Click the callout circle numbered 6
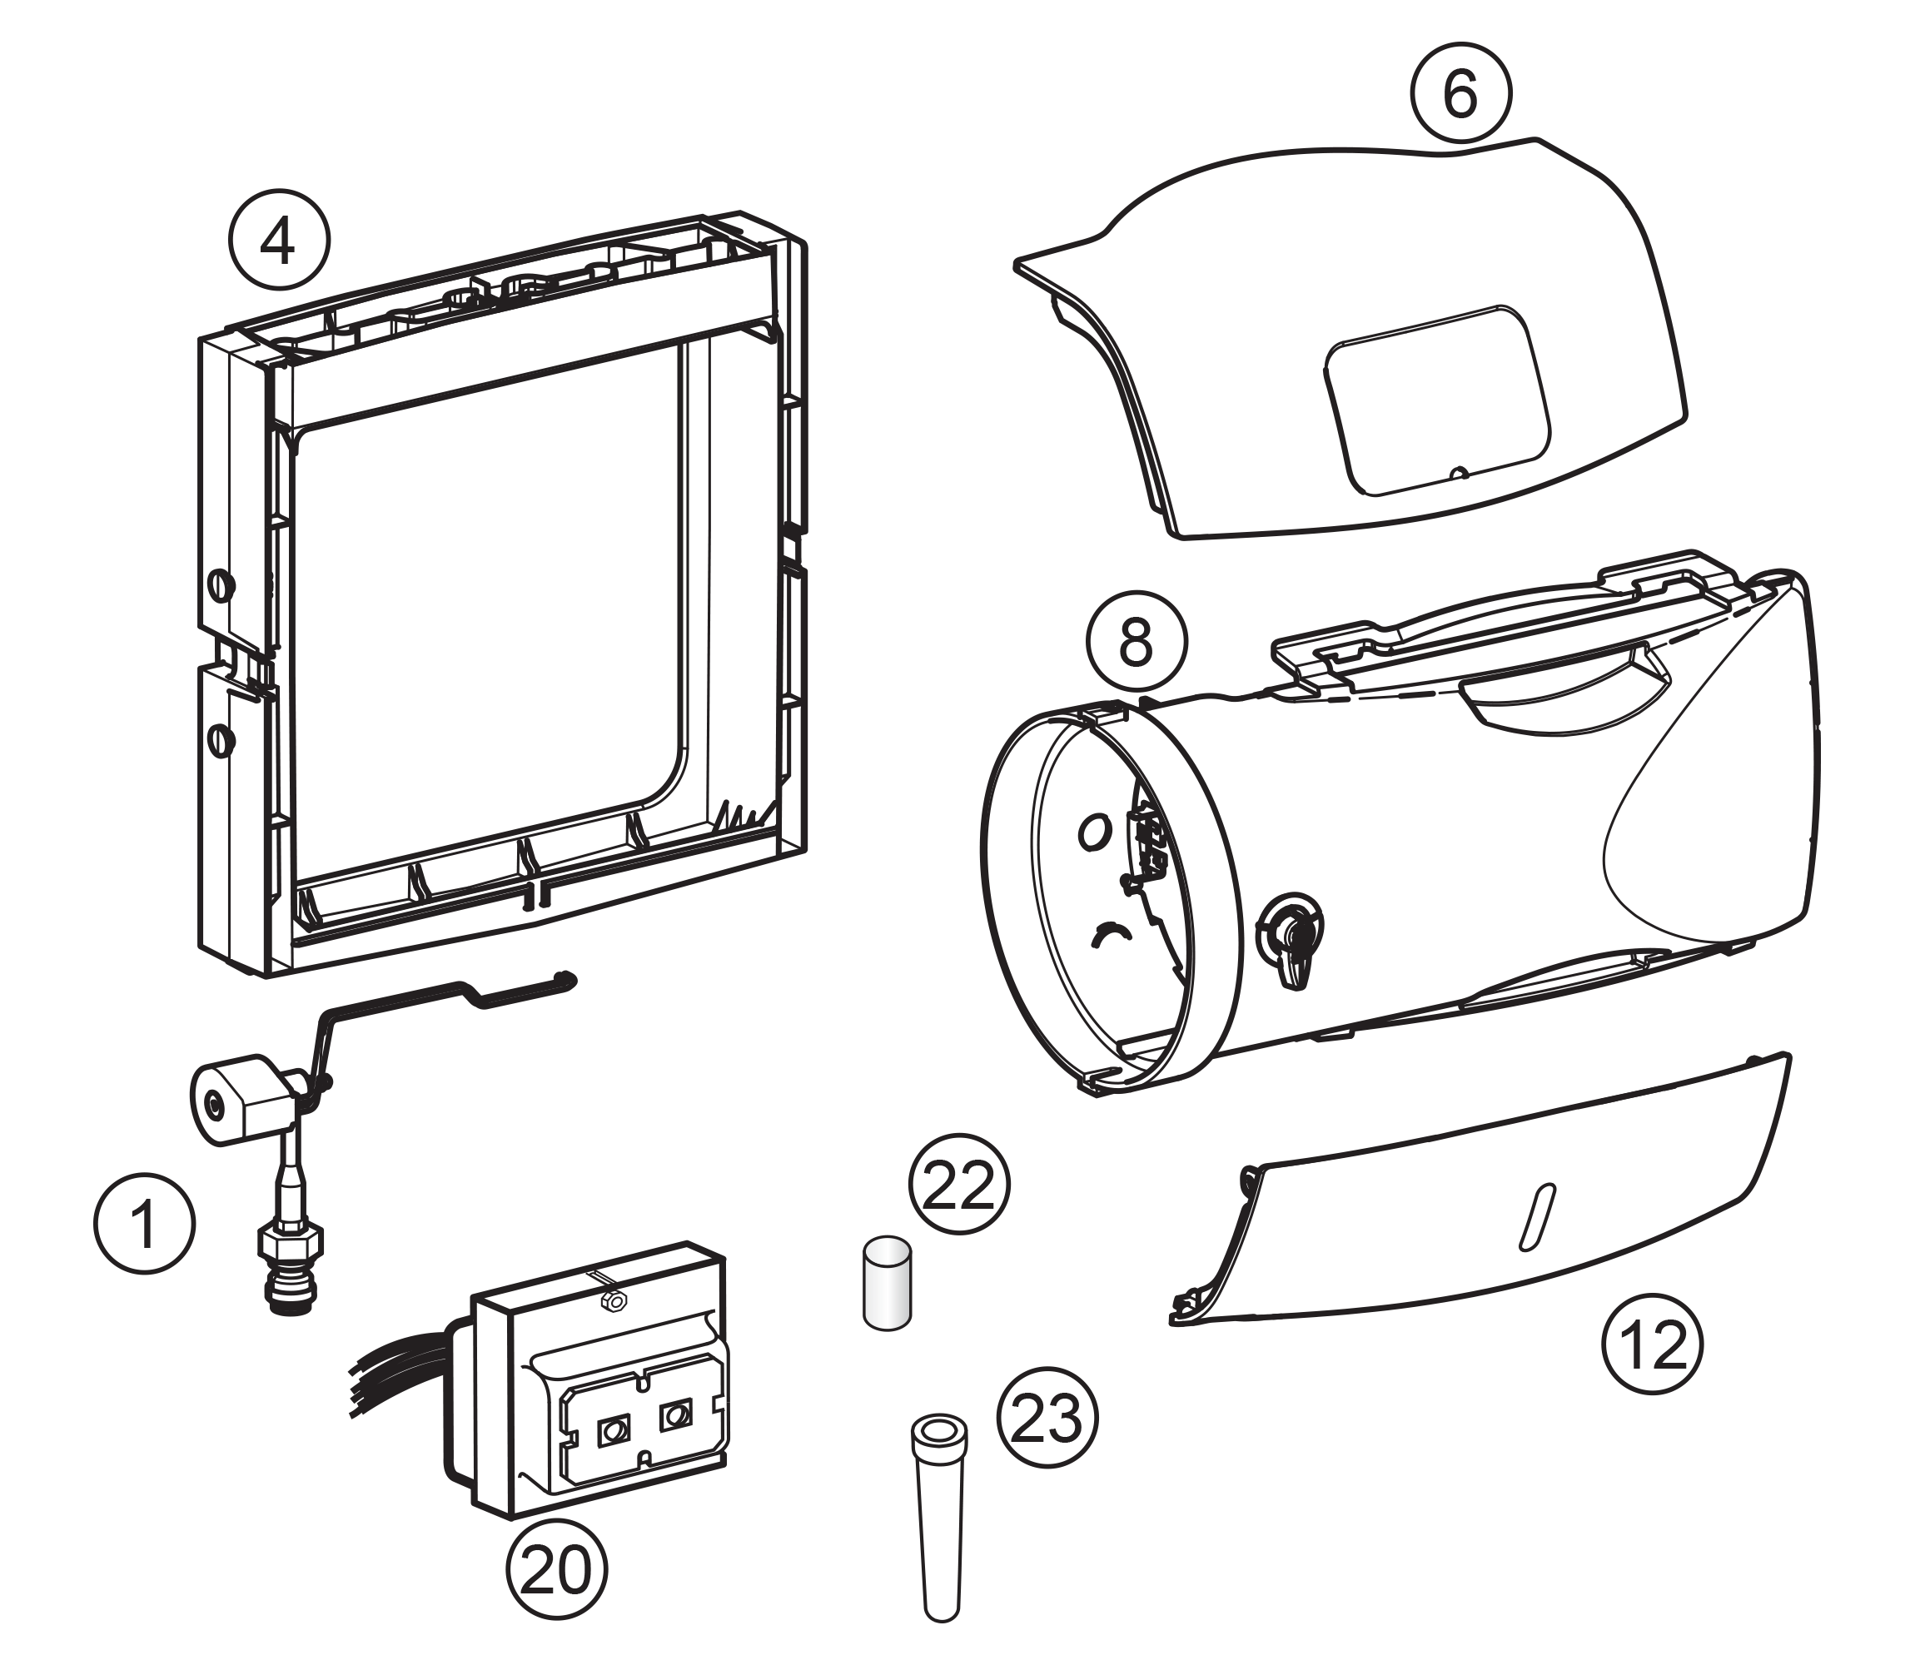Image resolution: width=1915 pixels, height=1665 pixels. [1460, 93]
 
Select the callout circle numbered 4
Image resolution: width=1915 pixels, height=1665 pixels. [279, 241]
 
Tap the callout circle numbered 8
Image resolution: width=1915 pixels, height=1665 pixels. [1137, 640]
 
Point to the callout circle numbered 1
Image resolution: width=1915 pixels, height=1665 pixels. [145, 1223]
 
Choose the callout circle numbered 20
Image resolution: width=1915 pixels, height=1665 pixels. [556, 1568]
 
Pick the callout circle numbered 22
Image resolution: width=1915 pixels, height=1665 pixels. [959, 1184]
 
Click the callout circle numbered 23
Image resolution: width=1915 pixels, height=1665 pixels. [1047, 1418]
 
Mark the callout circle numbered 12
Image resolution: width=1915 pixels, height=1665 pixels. [1652, 1344]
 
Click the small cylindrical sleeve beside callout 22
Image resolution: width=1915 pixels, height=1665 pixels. [887, 1282]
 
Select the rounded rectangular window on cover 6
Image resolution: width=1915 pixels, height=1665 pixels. [1439, 400]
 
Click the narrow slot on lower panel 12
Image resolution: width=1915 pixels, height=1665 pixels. [1536, 1216]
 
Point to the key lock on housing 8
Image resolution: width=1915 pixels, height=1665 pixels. [1289, 933]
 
